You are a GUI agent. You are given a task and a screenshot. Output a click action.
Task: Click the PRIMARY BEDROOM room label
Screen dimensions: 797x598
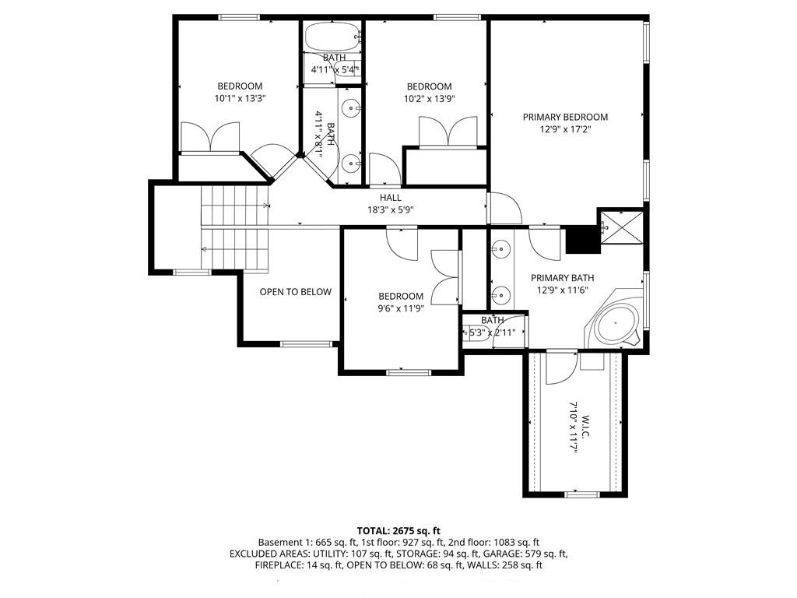[x=565, y=117]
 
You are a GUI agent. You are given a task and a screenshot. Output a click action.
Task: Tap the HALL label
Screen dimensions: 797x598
[x=391, y=197]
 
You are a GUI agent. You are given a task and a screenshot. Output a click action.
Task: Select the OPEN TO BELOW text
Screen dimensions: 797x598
[x=295, y=292]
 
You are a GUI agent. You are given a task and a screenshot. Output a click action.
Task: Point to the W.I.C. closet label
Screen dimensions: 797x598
[x=585, y=427]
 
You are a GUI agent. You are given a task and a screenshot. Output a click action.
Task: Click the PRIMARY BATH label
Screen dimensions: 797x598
[x=562, y=278]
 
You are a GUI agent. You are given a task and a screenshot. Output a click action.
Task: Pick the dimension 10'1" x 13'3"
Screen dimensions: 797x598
[x=240, y=99]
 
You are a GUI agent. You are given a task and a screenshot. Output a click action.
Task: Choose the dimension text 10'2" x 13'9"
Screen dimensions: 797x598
[x=429, y=99]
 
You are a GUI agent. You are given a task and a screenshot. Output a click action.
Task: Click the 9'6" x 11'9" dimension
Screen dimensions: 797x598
[x=401, y=308]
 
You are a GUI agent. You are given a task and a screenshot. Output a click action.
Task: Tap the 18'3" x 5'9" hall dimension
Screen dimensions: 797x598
[x=391, y=209]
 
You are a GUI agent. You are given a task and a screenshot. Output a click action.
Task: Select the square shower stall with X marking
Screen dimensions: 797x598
[x=620, y=227]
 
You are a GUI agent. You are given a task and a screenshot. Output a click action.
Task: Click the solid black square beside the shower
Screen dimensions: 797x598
[x=582, y=239]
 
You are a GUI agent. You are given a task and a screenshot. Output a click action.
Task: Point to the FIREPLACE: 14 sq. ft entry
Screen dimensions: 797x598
[x=300, y=565]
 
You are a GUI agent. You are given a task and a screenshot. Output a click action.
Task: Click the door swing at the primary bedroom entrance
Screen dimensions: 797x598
[x=505, y=208]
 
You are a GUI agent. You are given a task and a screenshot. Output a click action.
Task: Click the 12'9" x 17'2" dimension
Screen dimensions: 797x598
[x=565, y=130]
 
